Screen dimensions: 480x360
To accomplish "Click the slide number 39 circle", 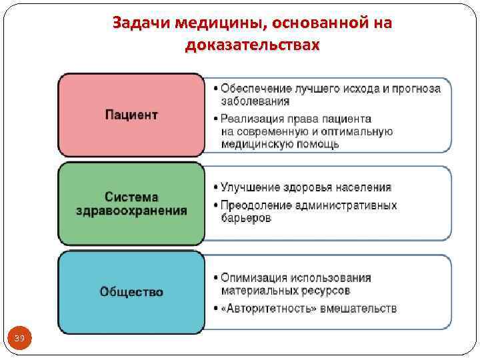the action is tap(19, 339).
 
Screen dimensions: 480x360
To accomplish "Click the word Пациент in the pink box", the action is tap(131, 115).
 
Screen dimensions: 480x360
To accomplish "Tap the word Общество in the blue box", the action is tap(131, 291).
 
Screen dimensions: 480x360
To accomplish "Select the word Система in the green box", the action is tap(131, 197).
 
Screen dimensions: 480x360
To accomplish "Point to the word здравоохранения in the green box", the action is tap(131, 211).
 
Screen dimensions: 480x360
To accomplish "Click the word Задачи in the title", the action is tap(142, 23).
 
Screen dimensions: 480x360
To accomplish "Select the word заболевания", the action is tap(255, 101).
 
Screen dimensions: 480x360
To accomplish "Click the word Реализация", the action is tap(254, 119).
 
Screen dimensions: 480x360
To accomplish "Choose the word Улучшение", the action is tap(250, 187).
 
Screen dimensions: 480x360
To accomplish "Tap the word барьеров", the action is tap(246, 218).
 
